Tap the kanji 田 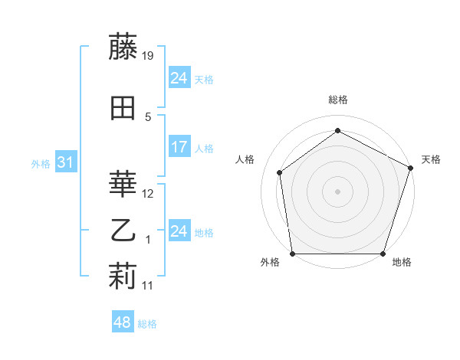point(123,108)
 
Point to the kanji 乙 point(123,230)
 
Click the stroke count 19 point(149,55)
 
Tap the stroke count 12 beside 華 point(149,194)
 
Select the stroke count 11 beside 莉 point(149,286)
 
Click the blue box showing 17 point(179,147)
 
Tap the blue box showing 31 point(65,162)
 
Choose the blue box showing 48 point(123,322)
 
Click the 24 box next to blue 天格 point(179,78)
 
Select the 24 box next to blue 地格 point(179,231)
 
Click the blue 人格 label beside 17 point(204,148)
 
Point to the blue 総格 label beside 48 point(147,324)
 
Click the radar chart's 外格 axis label point(270,263)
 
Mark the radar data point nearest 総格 point(337,131)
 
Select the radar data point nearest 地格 point(383,254)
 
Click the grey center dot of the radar point(337,191)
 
